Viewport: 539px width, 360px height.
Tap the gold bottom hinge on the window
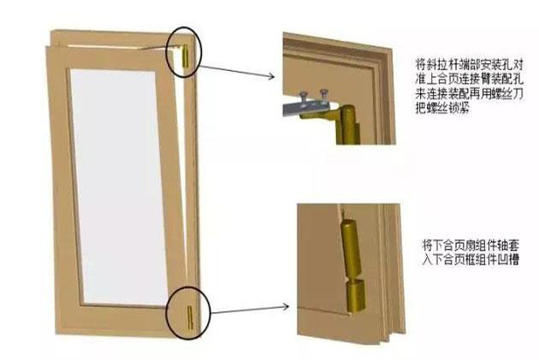[187, 317]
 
